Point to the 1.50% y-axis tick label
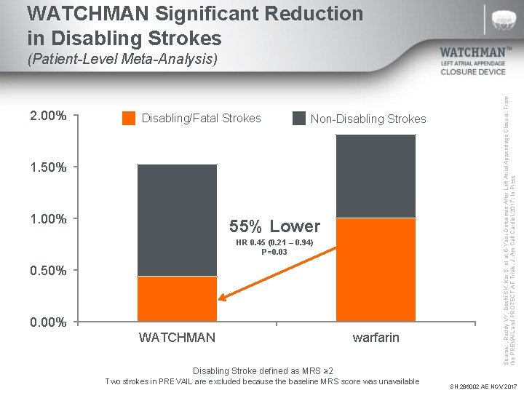pos(48,167)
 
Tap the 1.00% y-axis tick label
pos(48,219)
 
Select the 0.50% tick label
pos(48,271)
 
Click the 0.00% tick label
pos(48,322)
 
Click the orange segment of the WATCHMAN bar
pos(177,299)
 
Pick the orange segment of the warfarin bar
pos(376,270)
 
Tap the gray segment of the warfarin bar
pos(376,177)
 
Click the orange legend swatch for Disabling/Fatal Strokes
pos(129,118)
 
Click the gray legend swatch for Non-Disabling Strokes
pos(298,118)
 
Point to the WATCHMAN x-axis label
pos(177,338)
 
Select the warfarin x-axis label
pos(376,338)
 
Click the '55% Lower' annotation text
pos(274,226)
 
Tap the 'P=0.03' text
pos(274,252)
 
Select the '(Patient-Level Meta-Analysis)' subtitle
pos(122,60)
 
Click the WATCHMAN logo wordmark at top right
pos(475,52)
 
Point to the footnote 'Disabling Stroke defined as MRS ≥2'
pos(262,371)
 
